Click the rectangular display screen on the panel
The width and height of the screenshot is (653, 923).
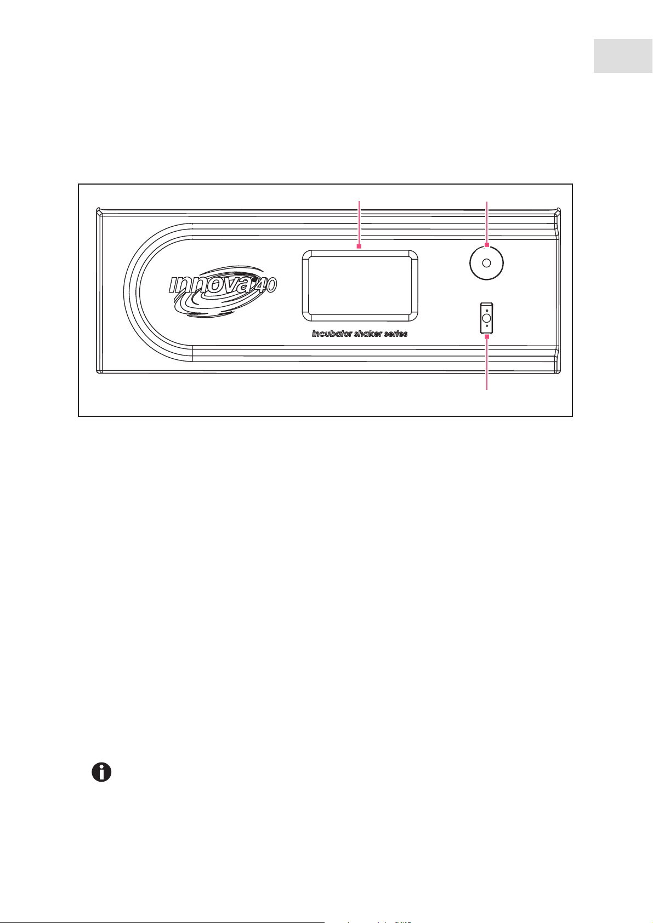pyautogui.click(x=359, y=285)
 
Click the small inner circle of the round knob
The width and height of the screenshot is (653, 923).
pyautogui.click(x=486, y=263)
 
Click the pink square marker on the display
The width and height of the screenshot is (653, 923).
pyautogui.click(x=359, y=246)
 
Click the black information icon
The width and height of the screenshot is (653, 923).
pyautogui.click(x=101, y=772)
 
